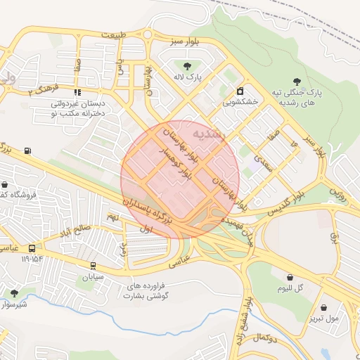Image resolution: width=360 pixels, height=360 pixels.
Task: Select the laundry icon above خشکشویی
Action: coord(240,91)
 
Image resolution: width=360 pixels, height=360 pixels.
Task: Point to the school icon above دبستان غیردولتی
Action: coord(77,91)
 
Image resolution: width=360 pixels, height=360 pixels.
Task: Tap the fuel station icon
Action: coord(27,150)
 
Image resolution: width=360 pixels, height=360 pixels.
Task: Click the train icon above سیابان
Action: coord(93,265)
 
